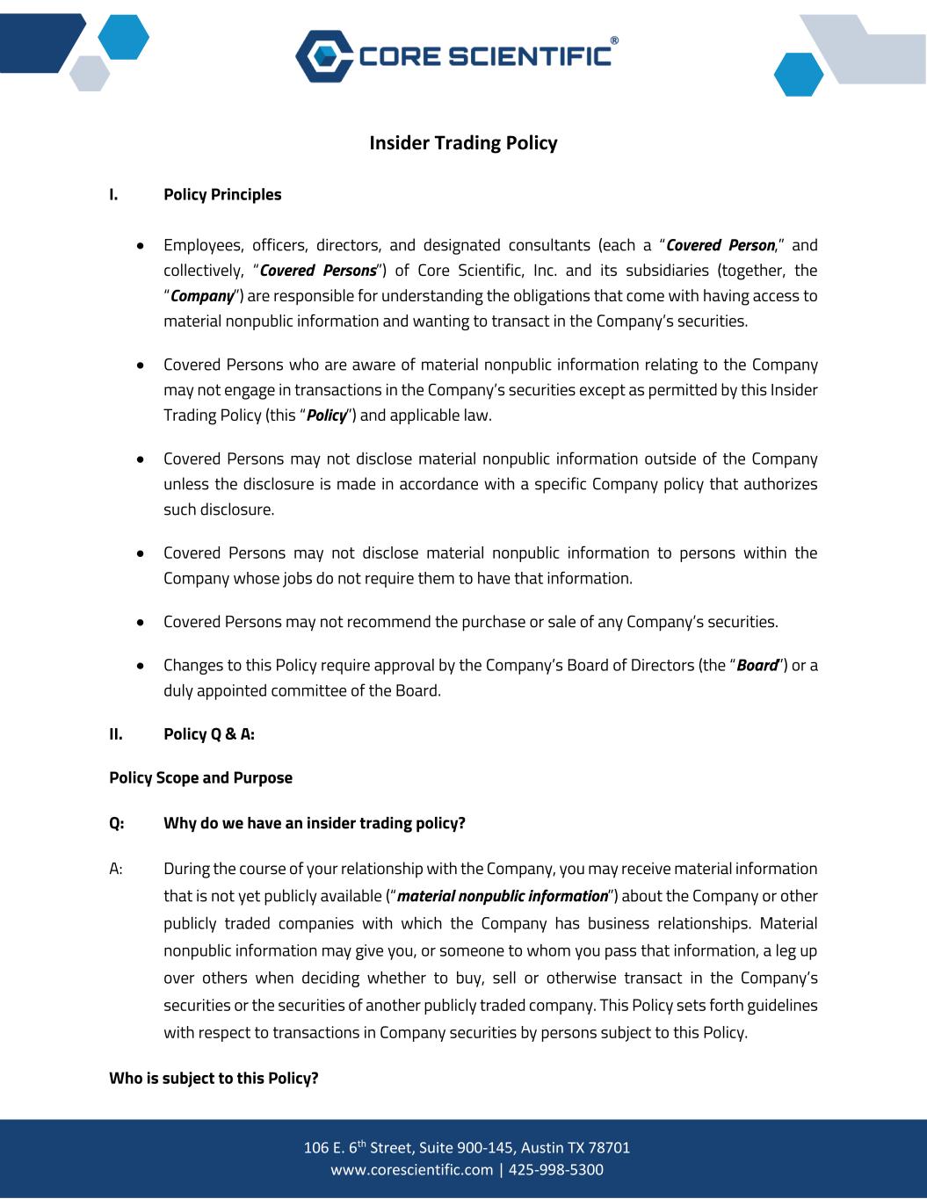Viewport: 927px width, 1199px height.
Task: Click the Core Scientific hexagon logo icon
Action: [322, 55]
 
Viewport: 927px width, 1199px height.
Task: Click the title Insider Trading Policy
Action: [463, 142]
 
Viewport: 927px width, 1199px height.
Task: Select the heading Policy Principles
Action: [222, 194]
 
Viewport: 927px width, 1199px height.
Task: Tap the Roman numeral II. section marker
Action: [116, 733]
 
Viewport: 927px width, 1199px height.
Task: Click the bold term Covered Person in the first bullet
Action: [721, 245]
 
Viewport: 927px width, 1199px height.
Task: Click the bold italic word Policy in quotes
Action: [327, 415]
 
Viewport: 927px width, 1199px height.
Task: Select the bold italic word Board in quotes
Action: [757, 665]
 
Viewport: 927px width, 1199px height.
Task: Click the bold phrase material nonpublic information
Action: [503, 896]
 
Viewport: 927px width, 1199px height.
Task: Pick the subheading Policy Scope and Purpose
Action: [200, 777]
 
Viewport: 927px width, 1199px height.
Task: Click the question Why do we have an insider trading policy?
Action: [315, 823]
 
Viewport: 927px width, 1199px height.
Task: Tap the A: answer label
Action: [116, 869]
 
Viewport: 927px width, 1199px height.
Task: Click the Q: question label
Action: [117, 823]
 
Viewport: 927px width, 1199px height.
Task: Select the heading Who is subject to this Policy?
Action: [214, 1078]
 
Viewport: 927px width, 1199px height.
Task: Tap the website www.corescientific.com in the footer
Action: [412, 1169]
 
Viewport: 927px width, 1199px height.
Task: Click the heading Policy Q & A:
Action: [209, 733]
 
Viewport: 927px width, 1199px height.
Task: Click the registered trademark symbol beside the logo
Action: [613, 40]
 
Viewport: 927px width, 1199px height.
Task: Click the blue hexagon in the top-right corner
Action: [799, 75]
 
